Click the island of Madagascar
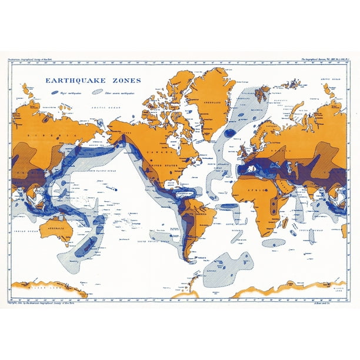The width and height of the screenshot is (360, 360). (x=285, y=223)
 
